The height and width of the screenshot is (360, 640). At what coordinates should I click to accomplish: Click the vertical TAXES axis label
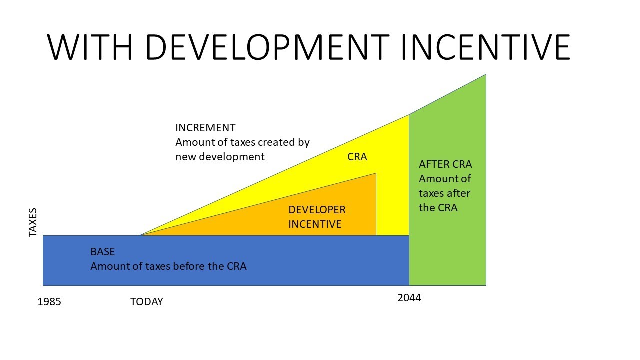tap(33, 223)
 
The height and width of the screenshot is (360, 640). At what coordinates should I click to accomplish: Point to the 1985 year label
tap(49, 302)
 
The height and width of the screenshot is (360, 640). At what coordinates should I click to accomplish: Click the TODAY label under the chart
tap(146, 302)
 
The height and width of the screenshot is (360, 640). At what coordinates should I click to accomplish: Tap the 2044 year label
tap(409, 298)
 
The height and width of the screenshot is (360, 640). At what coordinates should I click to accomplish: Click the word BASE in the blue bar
tap(102, 252)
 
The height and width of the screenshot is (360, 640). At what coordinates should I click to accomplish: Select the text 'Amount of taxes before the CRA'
tap(168, 266)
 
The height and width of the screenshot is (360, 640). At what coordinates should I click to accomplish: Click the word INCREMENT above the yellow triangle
tap(205, 128)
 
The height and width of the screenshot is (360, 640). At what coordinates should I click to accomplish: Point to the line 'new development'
tap(220, 156)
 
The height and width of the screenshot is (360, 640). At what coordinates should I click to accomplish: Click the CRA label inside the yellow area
tap(357, 157)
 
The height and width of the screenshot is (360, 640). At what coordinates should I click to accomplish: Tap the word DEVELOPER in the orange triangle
tap(317, 210)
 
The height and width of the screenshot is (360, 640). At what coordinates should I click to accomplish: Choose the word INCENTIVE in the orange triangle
tap(315, 224)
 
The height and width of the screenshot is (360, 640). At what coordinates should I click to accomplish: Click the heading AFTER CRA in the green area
tap(445, 164)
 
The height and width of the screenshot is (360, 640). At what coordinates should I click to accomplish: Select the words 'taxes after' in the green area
tap(444, 193)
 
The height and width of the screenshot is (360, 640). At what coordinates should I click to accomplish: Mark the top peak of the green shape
tap(485, 75)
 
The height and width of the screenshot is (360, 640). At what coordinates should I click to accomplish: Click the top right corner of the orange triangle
tap(375, 174)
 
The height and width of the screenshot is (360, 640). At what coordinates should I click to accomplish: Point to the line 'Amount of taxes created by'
tap(242, 142)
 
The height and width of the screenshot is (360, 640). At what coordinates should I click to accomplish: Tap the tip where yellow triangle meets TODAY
tap(140, 235)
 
